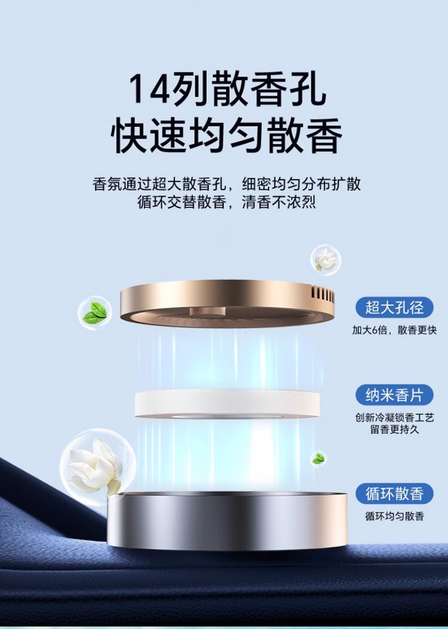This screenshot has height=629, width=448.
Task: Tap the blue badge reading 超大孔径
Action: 394,308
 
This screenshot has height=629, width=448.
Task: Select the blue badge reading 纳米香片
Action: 394,395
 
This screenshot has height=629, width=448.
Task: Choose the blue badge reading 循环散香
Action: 394,493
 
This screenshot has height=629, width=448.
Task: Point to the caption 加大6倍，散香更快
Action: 394,330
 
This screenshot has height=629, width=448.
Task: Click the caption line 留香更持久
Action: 394,429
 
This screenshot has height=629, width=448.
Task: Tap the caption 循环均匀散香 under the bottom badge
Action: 394,516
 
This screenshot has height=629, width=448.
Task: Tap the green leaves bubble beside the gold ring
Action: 94,312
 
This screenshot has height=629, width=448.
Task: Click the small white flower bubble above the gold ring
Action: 326,259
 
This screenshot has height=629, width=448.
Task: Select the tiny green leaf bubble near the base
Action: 318,459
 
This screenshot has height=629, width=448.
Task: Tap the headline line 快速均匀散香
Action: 226,134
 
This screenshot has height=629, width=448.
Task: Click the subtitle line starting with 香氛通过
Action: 226,184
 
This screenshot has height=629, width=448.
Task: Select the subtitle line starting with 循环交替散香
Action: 226,202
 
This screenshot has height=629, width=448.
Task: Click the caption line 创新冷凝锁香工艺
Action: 394,418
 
